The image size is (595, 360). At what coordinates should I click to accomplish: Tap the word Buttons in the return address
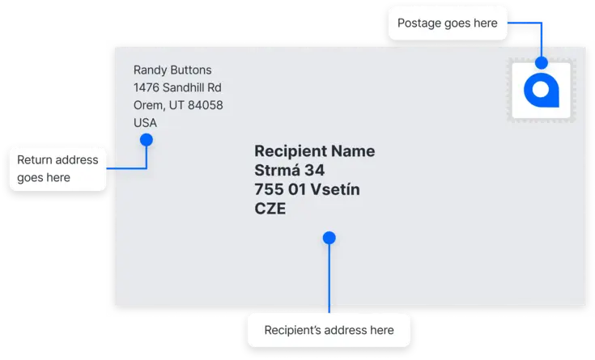191,70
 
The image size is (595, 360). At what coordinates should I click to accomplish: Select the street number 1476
146,87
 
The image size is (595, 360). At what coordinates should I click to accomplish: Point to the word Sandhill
183,87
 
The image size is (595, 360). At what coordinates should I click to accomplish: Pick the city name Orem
149,105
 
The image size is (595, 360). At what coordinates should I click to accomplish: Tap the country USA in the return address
145,123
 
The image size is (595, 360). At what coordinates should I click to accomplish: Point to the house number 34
315,171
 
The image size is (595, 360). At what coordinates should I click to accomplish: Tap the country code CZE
270,209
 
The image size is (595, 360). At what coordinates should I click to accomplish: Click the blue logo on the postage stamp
542,91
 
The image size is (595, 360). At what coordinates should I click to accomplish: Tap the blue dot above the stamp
542,62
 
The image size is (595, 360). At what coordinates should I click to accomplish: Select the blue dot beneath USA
147,140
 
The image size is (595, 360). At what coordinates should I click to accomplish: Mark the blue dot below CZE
329,238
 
